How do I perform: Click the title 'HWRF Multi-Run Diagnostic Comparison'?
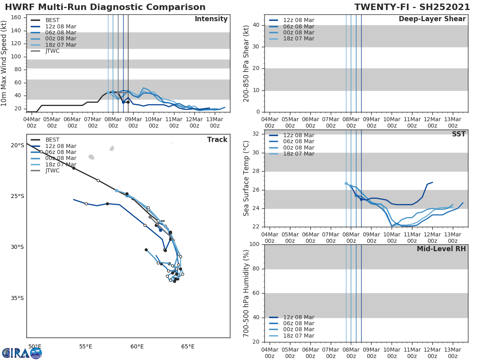pyautogui.click(x=105, y=7)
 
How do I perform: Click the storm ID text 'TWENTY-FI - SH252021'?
pyautogui.click(x=412, y=7)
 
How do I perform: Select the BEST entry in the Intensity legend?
pyautogui.click(x=52, y=20)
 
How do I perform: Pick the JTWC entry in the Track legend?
pyautogui.click(x=52, y=170)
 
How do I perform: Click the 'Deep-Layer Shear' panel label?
pyautogui.click(x=432, y=19)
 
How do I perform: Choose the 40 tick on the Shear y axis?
pyautogui.click(x=256, y=25)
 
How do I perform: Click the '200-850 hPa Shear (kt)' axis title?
pyautogui.click(x=246, y=63)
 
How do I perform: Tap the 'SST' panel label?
pyautogui.click(x=458, y=134)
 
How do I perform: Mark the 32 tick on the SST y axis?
pyautogui.click(x=256, y=134)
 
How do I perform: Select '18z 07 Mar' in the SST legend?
pyautogui.click(x=299, y=154)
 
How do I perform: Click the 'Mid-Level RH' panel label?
pyautogui.click(x=441, y=249)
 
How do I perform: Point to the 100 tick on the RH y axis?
pyautogui.click(x=254, y=244)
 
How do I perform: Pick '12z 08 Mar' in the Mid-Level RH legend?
pyautogui.click(x=299, y=317)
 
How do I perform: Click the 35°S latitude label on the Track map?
pyautogui.click(x=17, y=298)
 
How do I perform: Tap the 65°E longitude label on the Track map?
pyautogui.click(x=188, y=346)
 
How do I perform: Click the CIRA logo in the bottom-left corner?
pyautogui.click(x=22, y=353)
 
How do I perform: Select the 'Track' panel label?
pyautogui.click(x=217, y=140)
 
